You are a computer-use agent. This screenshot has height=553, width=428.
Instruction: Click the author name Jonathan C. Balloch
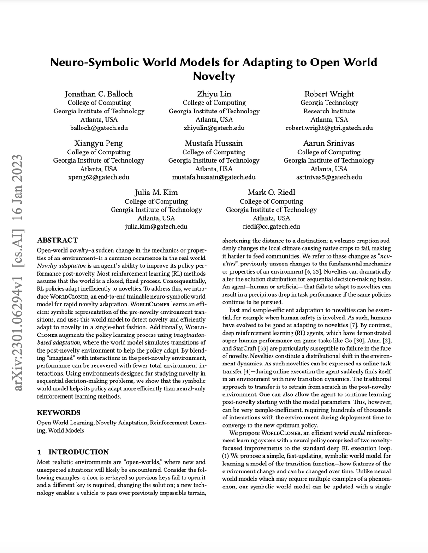99,94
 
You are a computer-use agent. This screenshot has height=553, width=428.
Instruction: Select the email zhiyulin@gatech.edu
214,128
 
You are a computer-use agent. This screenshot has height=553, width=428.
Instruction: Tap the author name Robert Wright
329,94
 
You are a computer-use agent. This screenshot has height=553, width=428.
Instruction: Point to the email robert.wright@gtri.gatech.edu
329,128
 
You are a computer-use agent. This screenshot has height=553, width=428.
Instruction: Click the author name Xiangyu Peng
99,143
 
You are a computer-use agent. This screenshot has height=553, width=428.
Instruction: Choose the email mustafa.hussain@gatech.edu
214,177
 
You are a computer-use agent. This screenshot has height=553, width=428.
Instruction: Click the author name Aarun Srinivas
329,143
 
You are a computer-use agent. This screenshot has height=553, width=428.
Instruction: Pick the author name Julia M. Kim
156,193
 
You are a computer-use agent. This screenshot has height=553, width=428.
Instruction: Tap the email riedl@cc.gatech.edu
271,226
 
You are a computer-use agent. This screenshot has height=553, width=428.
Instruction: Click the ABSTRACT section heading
58,241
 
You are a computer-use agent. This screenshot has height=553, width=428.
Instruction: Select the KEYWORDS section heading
59,412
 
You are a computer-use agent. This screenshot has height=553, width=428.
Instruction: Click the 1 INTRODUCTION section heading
73,452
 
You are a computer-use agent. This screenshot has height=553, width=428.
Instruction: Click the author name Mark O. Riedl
271,193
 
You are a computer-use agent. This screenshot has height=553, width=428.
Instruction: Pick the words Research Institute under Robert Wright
329,111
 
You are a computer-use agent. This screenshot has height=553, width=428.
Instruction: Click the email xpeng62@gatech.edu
99,177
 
